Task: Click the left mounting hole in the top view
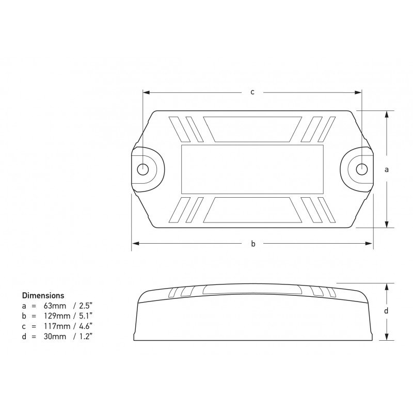pos(144,169)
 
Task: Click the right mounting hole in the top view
pos(362,169)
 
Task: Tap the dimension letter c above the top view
pos(252,92)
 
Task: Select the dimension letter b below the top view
pos(253,244)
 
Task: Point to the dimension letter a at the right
pos(387,169)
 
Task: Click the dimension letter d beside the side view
pos(386,311)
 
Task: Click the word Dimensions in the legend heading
pos(43,296)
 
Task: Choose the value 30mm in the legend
pos(55,336)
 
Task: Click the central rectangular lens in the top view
pos(253,169)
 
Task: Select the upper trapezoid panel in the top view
pos(253,129)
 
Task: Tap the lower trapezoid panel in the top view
pos(253,210)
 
